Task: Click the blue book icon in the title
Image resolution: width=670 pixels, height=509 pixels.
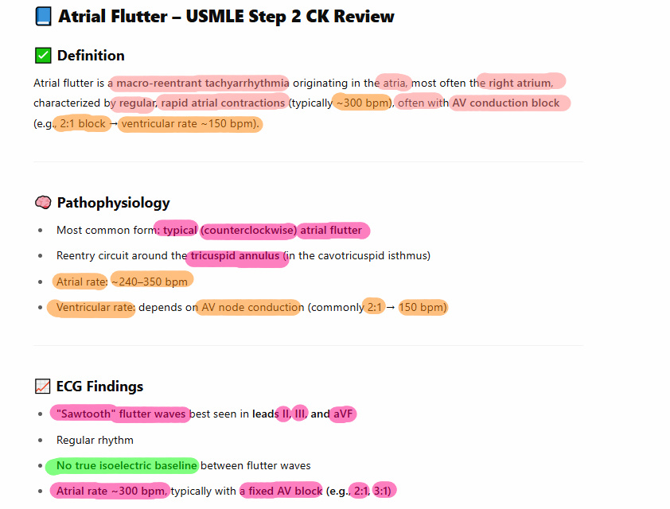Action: (x=44, y=17)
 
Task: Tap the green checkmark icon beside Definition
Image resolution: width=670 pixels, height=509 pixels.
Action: (x=43, y=56)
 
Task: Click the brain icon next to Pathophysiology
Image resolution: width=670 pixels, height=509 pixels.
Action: (x=43, y=203)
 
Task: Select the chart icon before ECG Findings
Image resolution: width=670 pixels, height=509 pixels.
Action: (x=43, y=387)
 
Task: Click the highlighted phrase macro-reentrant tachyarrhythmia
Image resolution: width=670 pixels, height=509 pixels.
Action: (x=202, y=83)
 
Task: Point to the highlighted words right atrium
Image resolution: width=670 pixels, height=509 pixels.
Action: (x=520, y=83)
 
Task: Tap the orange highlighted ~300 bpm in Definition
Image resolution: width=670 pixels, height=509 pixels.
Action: (x=362, y=103)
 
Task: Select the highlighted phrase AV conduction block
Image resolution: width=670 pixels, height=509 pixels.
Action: (x=506, y=103)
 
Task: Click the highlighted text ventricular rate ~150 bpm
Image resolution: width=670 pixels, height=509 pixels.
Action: (x=190, y=124)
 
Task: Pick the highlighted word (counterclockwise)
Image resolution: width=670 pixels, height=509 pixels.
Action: (x=249, y=231)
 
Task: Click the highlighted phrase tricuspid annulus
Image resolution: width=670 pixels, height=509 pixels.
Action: (x=235, y=256)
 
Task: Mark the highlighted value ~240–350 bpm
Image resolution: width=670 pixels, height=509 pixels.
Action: (x=150, y=282)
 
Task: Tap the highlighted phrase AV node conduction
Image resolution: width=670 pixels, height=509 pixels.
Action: (x=251, y=307)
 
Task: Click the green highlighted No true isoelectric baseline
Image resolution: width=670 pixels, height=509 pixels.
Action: (x=126, y=465)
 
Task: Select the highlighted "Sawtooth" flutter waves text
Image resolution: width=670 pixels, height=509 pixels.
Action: (x=119, y=414)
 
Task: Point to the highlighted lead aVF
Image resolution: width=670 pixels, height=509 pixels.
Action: (x=342, y=414)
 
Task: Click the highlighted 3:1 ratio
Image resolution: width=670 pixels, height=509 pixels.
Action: (x=383, y=491)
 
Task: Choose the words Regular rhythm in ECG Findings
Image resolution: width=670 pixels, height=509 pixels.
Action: (x=95, y=440)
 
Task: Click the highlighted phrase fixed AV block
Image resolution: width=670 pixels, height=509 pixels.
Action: (x=284, y=491)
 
